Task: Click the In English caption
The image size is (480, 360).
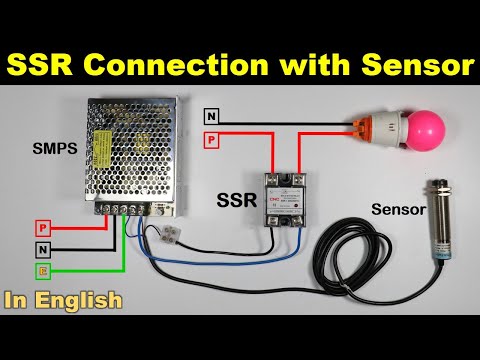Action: (64, 299)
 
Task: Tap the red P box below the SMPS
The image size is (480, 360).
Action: (43, 228)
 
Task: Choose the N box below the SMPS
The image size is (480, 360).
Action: (43, 250)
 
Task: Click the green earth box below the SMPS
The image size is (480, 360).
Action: (43, 271)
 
